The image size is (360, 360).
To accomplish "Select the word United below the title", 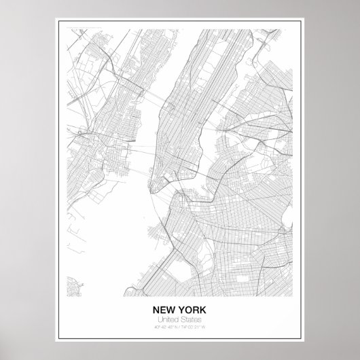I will click(x=168, y=319).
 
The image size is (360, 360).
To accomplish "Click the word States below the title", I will click(x=191, y=319).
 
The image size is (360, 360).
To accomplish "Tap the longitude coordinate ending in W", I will click(x=196, y=328).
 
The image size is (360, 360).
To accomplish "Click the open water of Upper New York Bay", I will click(x=136, y=224).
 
